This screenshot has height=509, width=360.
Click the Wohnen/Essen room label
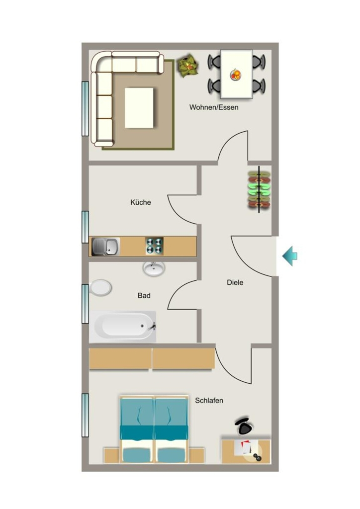pos(214,107)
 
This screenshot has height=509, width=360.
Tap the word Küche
pos(141,202)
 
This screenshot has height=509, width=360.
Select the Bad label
pos(144,295)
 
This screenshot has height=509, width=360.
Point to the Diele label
pos(235,282)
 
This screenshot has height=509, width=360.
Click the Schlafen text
pos(209,401)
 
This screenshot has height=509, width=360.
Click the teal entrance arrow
pos(289,256)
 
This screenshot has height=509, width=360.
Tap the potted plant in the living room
pos(187,66)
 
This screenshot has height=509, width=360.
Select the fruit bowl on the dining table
pos(236,75)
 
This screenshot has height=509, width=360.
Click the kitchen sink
pos(105,247)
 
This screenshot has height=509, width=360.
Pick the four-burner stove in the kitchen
pos(154,246)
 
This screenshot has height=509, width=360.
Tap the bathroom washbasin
pos(154,268)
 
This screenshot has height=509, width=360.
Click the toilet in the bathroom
pos(100,288)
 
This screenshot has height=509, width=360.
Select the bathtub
pos(123,327)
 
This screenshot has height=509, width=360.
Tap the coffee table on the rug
pos(139,108)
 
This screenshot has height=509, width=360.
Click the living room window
pos(85,109)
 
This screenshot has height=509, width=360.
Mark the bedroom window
pos(85,415)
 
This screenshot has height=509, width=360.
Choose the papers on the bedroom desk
pos(246,447)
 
